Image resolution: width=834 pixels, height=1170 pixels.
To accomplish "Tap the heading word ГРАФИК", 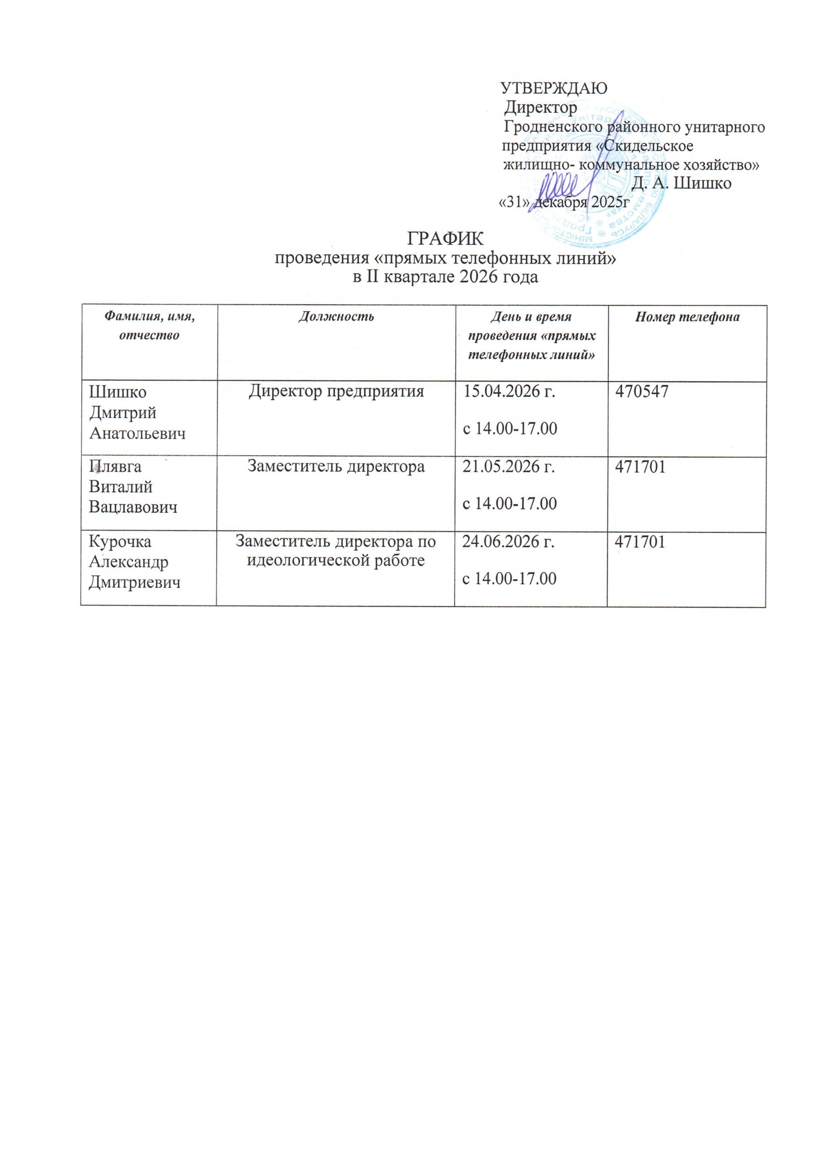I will coord(445,239).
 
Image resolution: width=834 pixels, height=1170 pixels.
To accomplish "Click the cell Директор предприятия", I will coord(336,392).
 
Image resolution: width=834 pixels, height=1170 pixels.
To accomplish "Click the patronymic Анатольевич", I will coord(137,433).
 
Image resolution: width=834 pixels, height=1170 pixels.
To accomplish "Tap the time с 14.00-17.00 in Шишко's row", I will coord(510,428).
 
